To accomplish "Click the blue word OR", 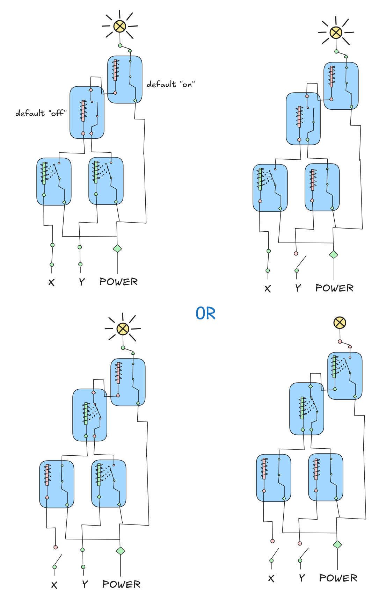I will (x=205, y=313).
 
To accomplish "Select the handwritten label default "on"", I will (x=170, y=84).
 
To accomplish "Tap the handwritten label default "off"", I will (x=41, y=113).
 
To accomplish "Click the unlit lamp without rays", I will (x=340, y=323).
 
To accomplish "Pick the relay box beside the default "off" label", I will (x=87, y=113).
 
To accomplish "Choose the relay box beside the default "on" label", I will (x=125, y=80).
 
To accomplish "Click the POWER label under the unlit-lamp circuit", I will (x=338, y=578).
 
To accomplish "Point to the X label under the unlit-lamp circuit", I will (x=271, y=579).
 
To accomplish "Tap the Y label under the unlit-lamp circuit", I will (x=302, y=578).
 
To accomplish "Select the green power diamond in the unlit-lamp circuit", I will (x=337, y=544).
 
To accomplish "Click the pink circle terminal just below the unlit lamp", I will (x=340, y=341).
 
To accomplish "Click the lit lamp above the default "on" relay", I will (x=120, y=26).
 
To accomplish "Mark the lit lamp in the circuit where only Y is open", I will (x=336, y=32).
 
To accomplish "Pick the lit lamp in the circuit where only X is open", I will (x=123, y=329).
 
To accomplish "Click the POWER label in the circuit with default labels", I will (x=118, y=282).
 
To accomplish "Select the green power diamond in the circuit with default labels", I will (x=117, y=248).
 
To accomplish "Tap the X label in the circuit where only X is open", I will (x=54, y=585).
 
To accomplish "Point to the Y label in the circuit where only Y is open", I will (x=298, y=288).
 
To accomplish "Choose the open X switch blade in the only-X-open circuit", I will (x=58, y=560).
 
